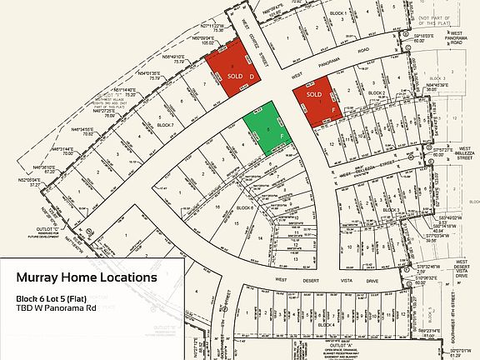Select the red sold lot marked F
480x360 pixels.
tap(320, 100)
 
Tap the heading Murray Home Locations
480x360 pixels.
tap(86, 277)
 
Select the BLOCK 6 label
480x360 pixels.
tap(245, 207)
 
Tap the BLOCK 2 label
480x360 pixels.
tap(377, 93)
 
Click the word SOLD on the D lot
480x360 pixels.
tap(235, 75)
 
